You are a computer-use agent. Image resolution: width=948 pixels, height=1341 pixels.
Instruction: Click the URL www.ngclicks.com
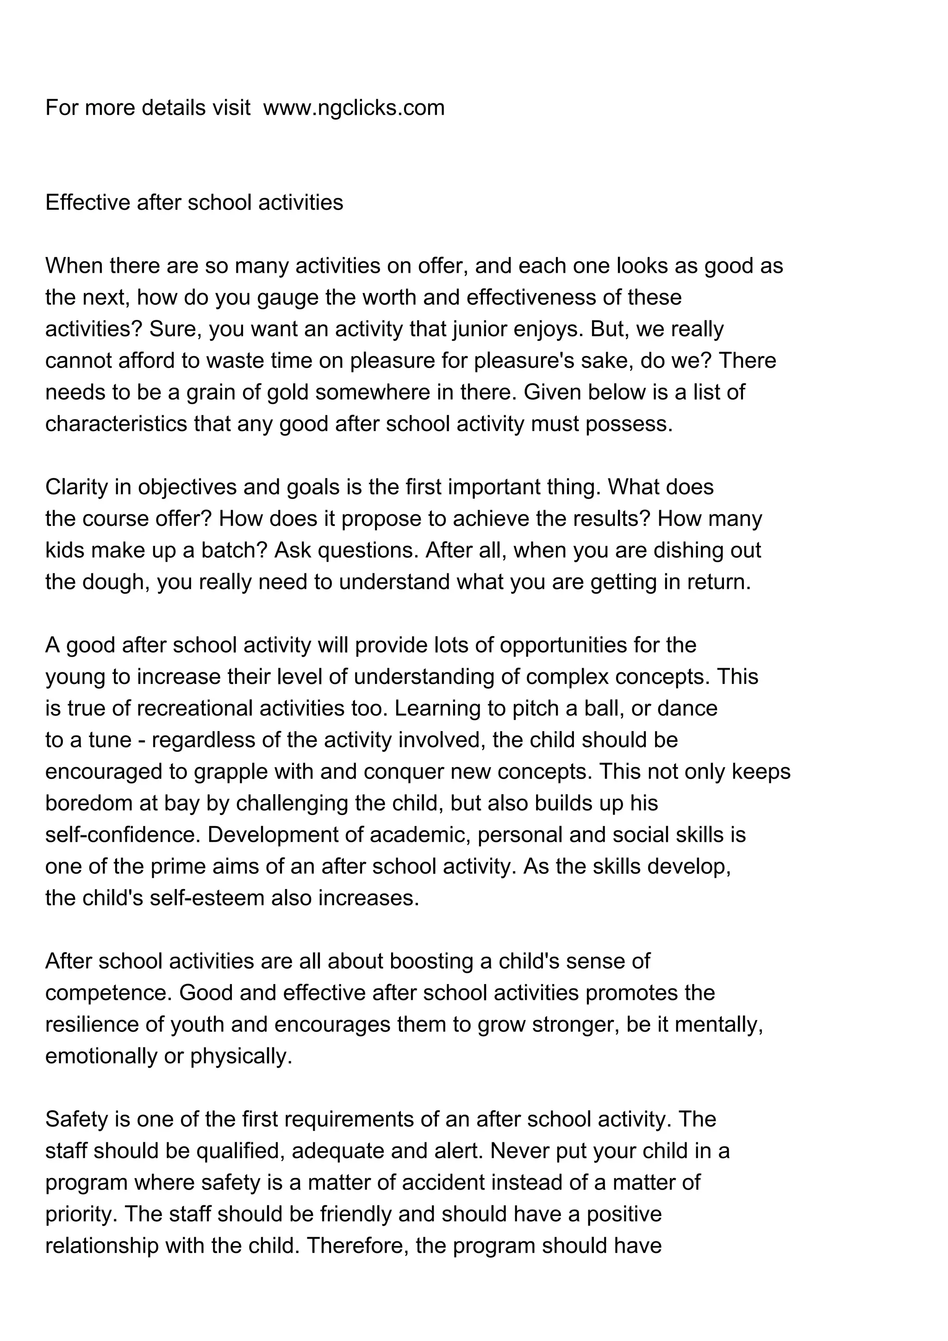tap(354, 108)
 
